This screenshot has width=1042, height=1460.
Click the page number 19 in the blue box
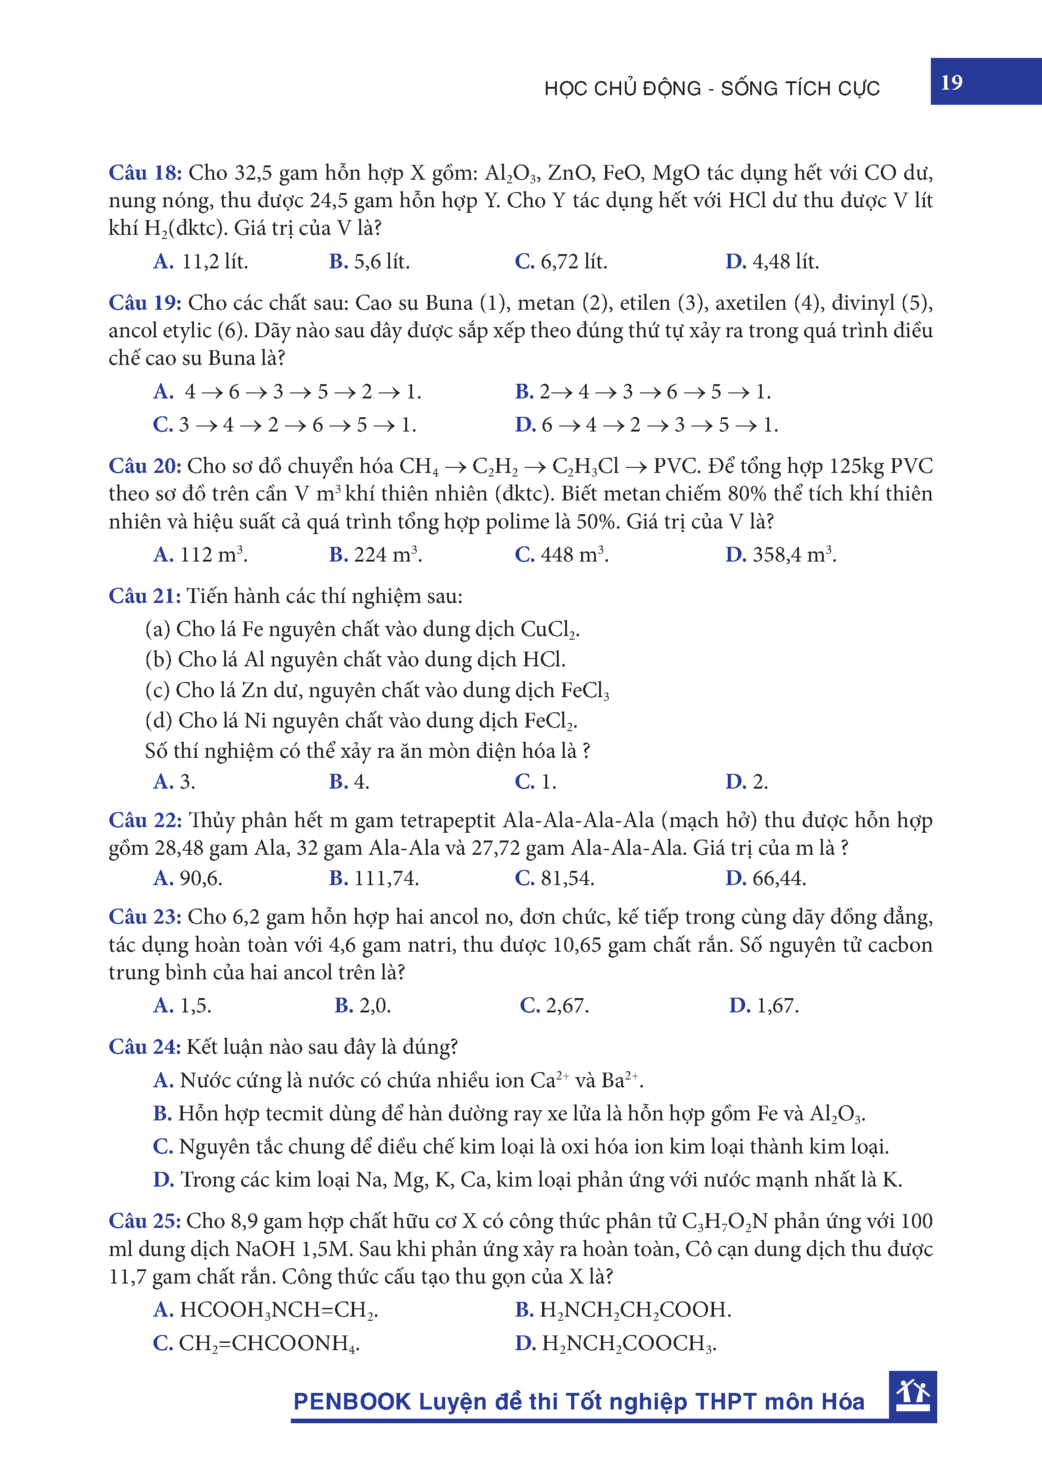click(951, 82)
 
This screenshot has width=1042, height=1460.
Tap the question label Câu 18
click(145, 173)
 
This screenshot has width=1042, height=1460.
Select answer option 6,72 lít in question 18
click(561, 261)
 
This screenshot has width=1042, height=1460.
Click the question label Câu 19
click(145, 303)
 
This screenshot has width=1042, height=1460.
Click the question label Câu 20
click(145, 466)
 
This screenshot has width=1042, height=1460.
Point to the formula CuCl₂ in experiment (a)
click(549, 630)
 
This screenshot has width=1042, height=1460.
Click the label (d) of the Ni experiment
click(158, 721)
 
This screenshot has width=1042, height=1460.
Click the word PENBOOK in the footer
click(351, 1402)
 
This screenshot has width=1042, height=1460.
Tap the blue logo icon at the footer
click(912, 1395)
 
